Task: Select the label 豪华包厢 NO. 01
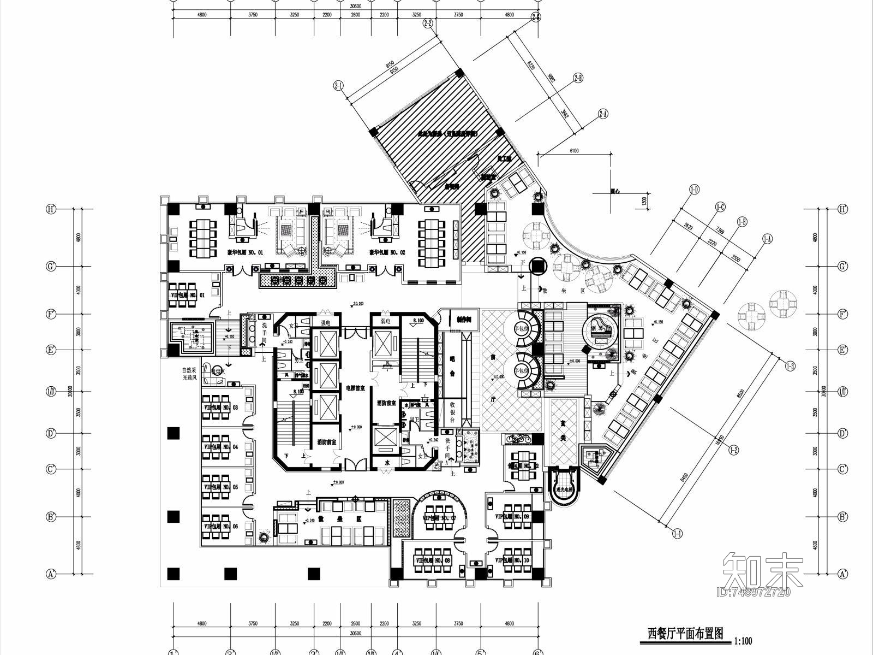pos(245,252)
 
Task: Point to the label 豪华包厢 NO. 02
pos(387,252)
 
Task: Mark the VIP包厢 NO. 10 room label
pos(512,560)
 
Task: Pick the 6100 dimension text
pos(573,151)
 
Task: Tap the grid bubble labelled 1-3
pos(790,365)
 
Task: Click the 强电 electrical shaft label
pos(326,322)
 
